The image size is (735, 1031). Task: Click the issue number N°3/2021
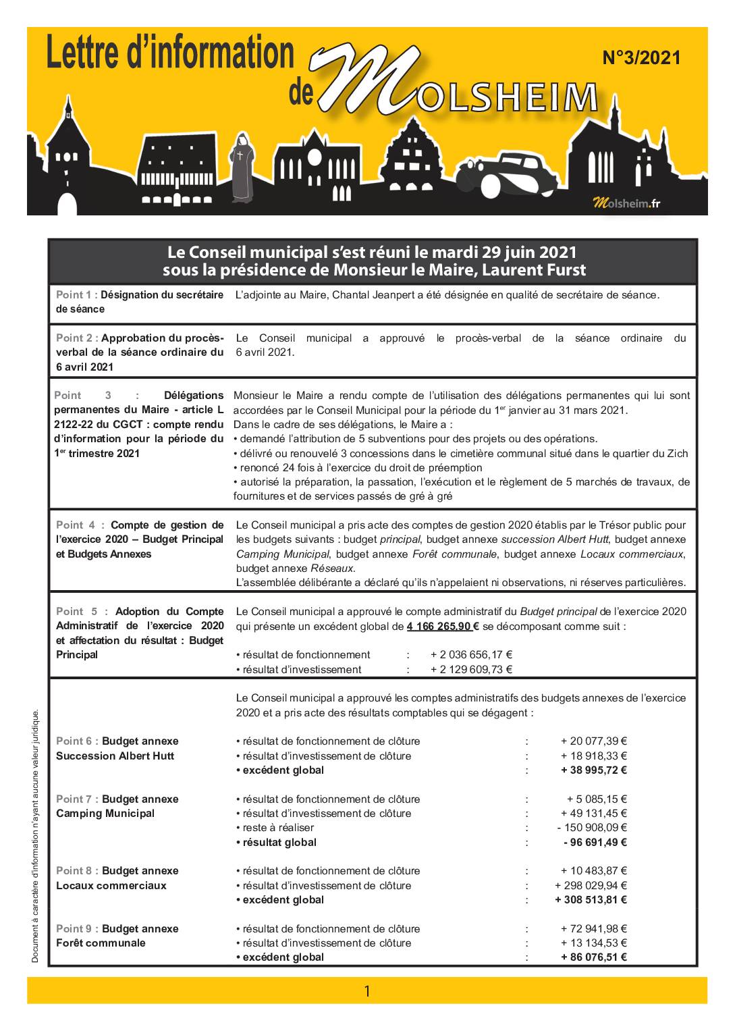click(641, 58)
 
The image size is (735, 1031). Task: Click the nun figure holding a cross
click(240, 169)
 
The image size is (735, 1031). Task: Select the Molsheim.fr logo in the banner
click(626, 203)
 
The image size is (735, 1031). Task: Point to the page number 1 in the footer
click(367, 991)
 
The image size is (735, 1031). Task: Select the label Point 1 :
click(77, 294)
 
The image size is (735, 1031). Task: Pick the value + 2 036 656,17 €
click(471, 654)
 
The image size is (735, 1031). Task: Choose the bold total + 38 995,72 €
click(591, 770)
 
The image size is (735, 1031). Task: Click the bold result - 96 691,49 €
click(595, 842)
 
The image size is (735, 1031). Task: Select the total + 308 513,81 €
click(591, 899)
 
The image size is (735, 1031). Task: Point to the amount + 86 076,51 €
click(594, 957)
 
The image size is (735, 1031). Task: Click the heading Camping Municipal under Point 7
click(105, 813)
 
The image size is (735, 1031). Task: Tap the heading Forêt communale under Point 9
click(101, 943)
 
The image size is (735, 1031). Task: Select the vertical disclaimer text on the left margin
click(36, 837)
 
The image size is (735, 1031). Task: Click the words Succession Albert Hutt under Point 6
click(115, 756)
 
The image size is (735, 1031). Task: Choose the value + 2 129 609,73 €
click(471, 669)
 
